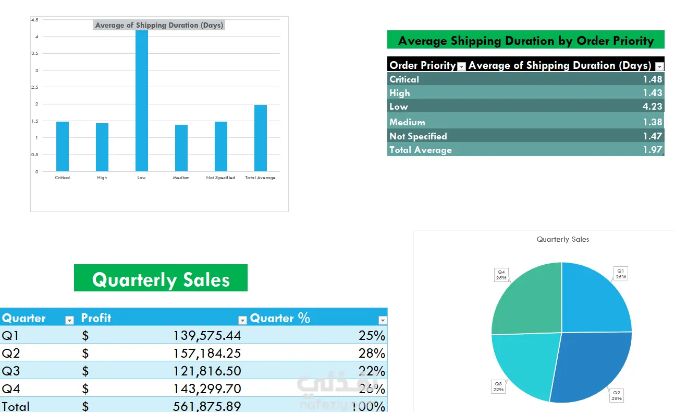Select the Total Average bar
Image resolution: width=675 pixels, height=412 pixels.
coord(260,138)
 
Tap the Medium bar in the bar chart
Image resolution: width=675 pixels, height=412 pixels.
coord(181,148)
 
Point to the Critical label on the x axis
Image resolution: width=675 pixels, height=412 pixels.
coord(63,178)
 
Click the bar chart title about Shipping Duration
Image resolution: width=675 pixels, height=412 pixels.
coord(159,25)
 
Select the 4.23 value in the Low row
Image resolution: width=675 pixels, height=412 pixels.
coord(652,107)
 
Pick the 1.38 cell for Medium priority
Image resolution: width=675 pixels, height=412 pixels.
coord(652,122)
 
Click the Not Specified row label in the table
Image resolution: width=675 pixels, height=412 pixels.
coord(418,136)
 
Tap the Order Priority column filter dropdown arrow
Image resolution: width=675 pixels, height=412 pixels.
coord(461,66)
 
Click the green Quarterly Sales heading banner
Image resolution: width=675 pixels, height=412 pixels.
coord(161,278)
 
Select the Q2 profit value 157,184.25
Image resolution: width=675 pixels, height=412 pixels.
coord(207,354)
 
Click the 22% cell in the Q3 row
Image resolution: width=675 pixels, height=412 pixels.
coord(372,371)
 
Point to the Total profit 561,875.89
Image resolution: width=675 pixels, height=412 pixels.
coord(207,406)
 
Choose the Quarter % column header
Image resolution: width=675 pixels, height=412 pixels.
coord(280,318)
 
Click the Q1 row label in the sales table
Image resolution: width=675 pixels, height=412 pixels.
coord(10,336)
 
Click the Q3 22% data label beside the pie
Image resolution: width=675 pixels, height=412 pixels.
coord(498,386)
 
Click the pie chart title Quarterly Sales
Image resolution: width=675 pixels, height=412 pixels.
coord(562,239)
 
